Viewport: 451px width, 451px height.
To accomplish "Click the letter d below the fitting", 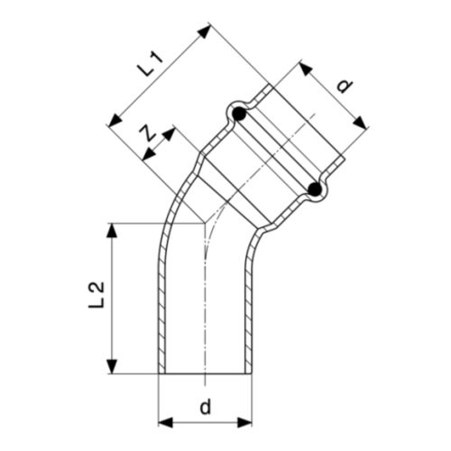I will click(206, 407).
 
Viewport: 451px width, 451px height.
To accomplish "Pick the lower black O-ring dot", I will click(313, 189).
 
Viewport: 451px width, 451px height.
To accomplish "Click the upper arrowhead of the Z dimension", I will click(170, 133).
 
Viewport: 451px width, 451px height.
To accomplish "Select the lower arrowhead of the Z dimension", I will click(144, 159).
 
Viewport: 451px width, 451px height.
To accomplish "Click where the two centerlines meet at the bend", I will click(206, 221).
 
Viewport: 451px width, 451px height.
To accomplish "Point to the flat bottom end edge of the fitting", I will click(206, 373).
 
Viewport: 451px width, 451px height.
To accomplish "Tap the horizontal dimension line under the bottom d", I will click(206, 421).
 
